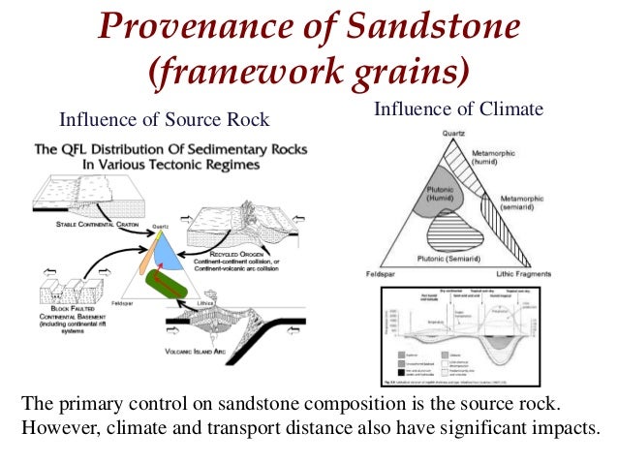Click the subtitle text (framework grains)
pyautogui.click(x=308, y=73)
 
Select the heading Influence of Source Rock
pyautogui.click(x=164, y=120)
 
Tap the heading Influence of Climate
pyautogui.click(x=457, y=109)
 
